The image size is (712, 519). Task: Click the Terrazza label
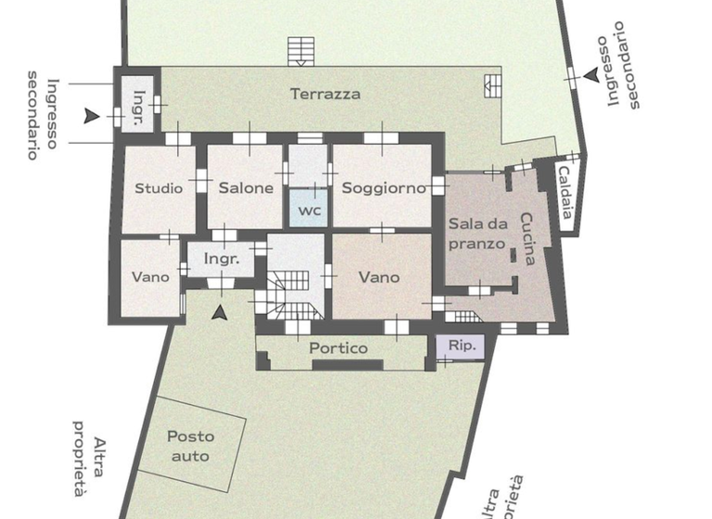[x=324, y=94]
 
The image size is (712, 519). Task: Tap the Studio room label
[x=159, y=188]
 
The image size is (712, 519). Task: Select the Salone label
[x=246, y=188]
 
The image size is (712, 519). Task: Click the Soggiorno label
[x=383, y=188]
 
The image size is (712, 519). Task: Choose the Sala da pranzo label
[x=477, y=234]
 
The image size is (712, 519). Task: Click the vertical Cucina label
[x=527, y=239]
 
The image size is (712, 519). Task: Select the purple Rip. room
[x=461, y=347]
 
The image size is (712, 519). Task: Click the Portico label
[x=338, y=348]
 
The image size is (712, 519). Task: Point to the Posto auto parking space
[x=190, y=446]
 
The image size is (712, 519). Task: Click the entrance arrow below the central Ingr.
[x=220, y=313]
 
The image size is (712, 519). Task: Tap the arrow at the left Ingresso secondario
[x=91, y=116]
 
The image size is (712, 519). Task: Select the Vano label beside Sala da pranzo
[x=378, y=277]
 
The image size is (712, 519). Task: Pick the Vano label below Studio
[x=149, y=277]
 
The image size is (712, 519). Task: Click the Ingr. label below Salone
[x=222, y=259]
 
